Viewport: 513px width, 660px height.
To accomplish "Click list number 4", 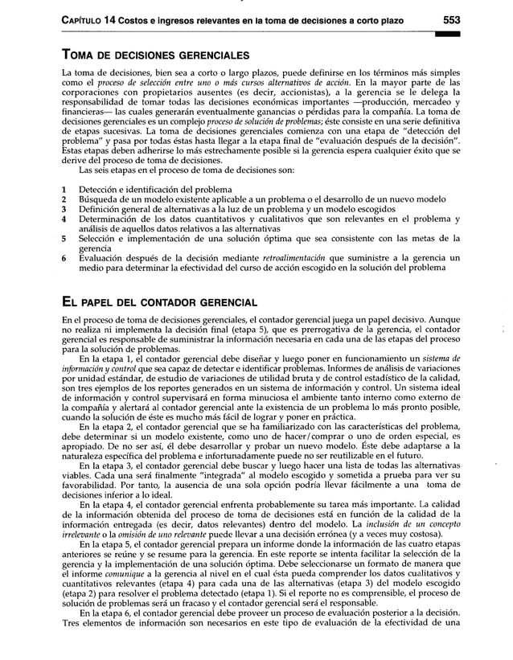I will coord(64,219).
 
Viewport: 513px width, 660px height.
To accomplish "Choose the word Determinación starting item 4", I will coord(109,219).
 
